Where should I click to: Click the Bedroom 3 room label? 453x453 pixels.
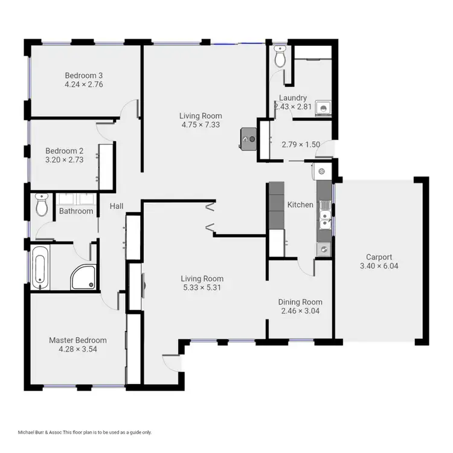[x=84, y=75]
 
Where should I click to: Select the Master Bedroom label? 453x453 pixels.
[x=77, y=340]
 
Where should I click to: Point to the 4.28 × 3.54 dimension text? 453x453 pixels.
[x=77, y=350]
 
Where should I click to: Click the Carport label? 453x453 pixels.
[x=379, y=257]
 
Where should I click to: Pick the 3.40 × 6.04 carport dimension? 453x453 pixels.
[x=379, y=266]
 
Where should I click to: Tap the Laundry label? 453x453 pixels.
[x=293, y=98]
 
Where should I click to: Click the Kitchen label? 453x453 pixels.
[x=300, y=205]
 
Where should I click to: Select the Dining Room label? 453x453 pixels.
[x=300, y=302]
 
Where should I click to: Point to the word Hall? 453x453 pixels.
[x=117, y=207]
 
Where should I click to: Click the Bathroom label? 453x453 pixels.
[x=76, y=211]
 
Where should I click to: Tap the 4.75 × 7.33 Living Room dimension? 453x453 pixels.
[x=201, y=125]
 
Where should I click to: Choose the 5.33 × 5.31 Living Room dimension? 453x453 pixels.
[x=202, y=288]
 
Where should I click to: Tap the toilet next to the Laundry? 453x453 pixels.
[x=280, y=56]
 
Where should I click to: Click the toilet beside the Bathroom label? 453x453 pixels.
[x=42, y=205]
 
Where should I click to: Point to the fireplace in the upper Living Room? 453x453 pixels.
[x=248, y=138]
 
